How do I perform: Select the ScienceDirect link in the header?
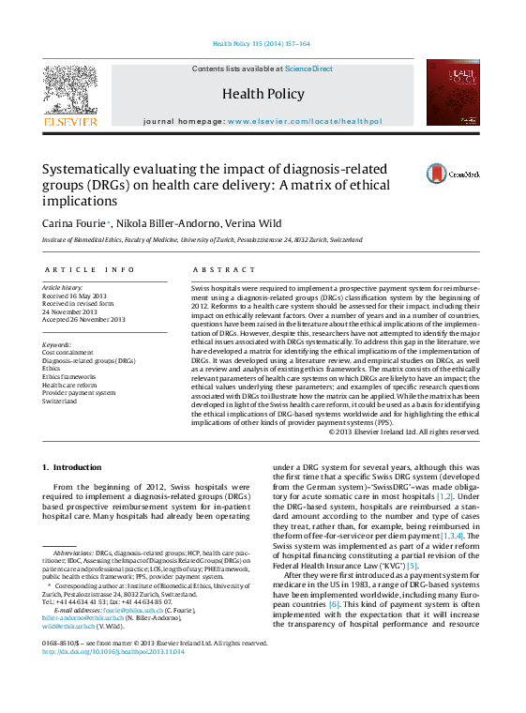tap(308, 69)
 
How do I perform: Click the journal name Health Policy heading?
tap(263, 94)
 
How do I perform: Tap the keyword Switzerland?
tap(59, 401)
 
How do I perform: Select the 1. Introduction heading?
tap(72, 467)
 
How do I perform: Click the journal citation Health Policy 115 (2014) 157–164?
tap(262, 44)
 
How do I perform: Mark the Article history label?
tap(63, 286)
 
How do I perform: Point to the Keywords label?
tap(57, 343)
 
